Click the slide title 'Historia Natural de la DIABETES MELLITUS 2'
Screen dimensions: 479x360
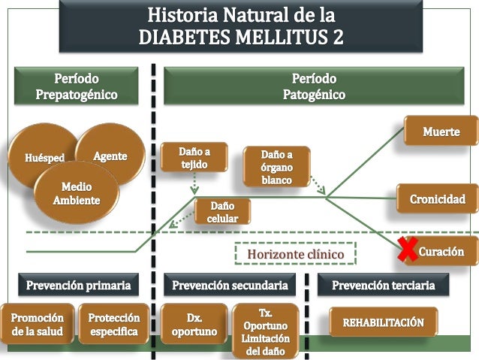point(241,26)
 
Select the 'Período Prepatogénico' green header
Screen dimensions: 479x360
point(76,86)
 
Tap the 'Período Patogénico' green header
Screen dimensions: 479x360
point(313,86)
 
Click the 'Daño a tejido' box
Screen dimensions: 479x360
point(194,158)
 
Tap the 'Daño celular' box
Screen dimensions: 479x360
point(223,211)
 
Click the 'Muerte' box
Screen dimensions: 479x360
point(441,132)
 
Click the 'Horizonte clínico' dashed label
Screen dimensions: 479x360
point(295,255)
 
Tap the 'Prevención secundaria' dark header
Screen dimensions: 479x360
point(230,285)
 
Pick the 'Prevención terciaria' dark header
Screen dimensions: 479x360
point(383,285)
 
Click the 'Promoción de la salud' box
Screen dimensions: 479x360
point(38,324)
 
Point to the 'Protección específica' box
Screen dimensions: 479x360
point(113,324)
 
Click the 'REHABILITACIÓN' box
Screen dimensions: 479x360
point(384,322)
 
